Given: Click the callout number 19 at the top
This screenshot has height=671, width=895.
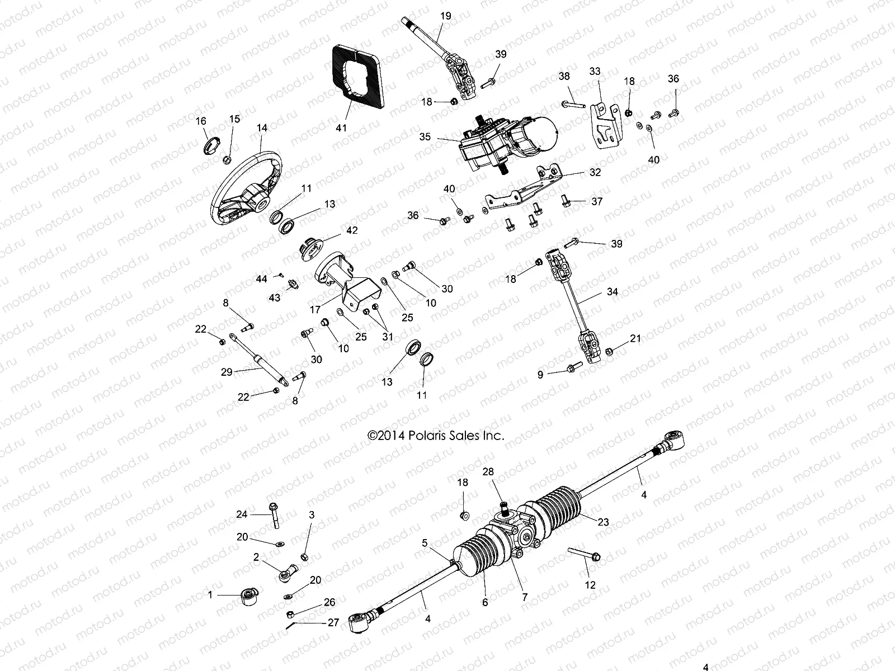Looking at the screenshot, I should point(445,16).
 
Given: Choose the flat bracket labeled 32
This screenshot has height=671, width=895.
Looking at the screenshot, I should point(523,190).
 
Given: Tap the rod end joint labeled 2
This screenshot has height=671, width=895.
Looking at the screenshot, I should point(288,571).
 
